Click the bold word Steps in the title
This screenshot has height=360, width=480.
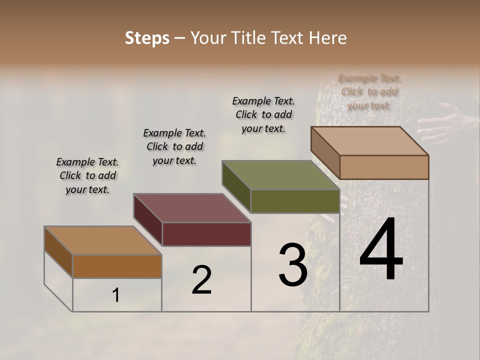click(147, 38)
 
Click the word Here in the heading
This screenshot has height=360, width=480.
click(325, 38)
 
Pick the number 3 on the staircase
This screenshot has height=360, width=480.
click(292, 265)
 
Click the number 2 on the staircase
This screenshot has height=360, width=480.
click(201, 280)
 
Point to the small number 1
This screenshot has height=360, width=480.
click(115, 295)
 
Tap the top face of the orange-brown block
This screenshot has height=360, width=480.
click(103, 240)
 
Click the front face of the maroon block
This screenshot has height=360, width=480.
click(206, 234)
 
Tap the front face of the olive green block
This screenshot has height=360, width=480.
click(295, 201)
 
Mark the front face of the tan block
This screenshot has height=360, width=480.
click(384, 167)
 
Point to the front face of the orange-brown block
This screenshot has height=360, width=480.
click(117, 266)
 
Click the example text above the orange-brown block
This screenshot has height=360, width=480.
click(87, 175)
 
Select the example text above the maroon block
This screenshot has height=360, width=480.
click(174, 146)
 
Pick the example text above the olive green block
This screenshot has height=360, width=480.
click(263, 114)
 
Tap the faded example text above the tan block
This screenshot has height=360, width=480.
click(369, 92)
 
